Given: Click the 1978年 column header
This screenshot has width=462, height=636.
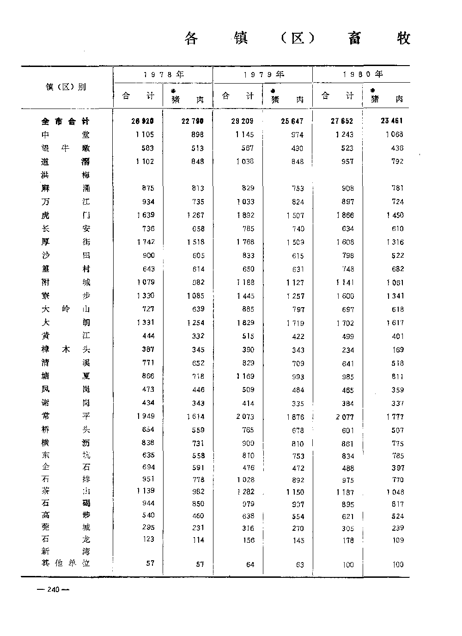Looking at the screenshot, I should point(163,74).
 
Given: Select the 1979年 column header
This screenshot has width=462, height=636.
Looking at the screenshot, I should point(263,74).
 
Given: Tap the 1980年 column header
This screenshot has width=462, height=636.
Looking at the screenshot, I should point(363,74).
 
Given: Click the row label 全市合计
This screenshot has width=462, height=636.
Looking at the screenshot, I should point(65,121).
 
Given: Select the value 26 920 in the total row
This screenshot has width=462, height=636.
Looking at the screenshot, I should point(142,121).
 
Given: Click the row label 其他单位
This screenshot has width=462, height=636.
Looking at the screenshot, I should point(65,563).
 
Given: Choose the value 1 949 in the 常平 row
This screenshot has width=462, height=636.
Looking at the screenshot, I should point(146,416).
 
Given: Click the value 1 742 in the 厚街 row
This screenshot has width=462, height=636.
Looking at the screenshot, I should point(146,242).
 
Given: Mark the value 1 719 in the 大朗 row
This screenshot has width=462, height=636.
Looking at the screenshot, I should point(295,323).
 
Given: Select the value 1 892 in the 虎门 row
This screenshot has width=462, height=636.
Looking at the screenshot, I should point(245,215).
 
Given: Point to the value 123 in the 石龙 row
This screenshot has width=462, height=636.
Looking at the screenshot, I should point(148,539).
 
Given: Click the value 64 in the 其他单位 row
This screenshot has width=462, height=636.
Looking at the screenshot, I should point(250,564).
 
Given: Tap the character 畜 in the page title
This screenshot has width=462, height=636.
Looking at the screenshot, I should point(354,38).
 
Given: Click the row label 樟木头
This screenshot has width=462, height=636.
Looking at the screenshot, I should point(65,349).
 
